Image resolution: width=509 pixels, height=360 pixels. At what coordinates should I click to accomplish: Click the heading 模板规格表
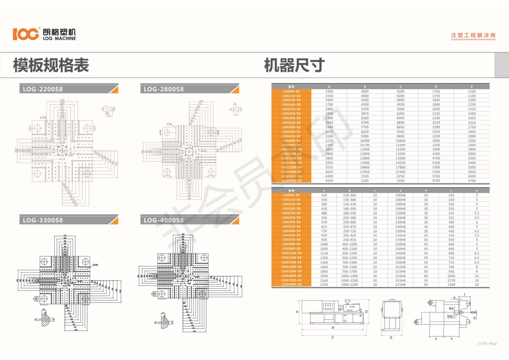pos(51,65)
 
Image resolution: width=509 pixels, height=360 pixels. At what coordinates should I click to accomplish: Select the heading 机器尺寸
pos(294,65)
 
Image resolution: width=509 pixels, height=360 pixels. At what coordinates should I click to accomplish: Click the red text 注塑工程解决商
pos(473,35)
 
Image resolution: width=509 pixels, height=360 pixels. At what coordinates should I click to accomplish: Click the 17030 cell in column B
pos(365,172)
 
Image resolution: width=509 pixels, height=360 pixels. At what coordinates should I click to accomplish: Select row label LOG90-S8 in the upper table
pos(291,91)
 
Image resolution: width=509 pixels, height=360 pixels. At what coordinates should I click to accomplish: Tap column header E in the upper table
pos(472,86)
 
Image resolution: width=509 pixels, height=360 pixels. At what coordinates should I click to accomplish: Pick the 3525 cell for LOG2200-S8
pos(329,167)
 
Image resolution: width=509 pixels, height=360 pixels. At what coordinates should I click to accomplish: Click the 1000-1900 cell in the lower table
pos(349,276)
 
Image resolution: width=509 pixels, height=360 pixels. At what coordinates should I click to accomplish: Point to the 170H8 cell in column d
pos(400,240)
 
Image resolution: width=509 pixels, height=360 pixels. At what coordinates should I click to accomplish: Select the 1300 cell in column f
pos(451,285)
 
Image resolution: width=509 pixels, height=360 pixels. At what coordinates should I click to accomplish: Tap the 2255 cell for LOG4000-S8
pos(324,285)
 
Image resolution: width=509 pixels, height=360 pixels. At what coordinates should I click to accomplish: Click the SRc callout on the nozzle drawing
pos(450,316)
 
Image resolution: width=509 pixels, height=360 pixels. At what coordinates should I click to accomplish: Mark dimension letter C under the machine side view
pos(333,337)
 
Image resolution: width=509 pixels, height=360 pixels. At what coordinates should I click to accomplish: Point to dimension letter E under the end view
pos(391,337)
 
